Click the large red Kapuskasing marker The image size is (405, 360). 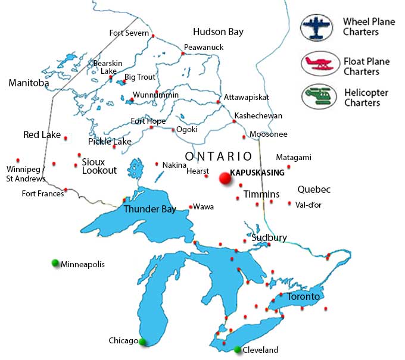(x=225, y=177)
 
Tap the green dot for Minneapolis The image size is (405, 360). (x=55, y=263)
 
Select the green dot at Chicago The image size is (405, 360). (x=142, y=342)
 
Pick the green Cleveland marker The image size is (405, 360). (x=238, y=349)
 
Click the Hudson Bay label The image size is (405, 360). (x=219, y=32)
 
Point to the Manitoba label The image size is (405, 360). (x=29, y=83)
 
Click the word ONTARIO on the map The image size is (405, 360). (x=219, y=156)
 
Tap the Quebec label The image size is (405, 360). (x=314, y=190)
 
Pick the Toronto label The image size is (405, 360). (x=303, y=296)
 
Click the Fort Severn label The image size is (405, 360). (x=129, y=33)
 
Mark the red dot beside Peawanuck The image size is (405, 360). (x=183, y=54)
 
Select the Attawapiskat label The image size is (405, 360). (x=247, y=97)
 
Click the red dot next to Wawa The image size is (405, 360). (x=190, y=207)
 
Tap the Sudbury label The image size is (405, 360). (x=269, y=237)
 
